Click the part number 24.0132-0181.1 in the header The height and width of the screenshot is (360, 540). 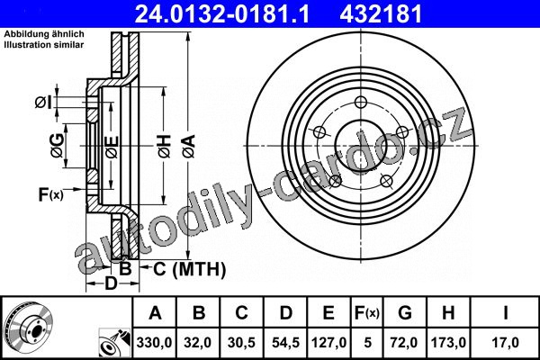point(222,13)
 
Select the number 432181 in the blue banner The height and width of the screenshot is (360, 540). point(381,13)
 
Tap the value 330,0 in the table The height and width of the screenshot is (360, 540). point(154,343)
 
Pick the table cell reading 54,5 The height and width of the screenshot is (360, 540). point(285,343)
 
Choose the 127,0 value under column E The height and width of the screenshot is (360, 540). point(328,343)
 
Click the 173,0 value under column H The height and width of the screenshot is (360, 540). point(448,343)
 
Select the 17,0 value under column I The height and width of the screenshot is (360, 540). point(505,343)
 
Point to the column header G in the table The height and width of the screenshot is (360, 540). point(405,313)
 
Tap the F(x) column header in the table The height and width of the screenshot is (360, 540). point(367,313)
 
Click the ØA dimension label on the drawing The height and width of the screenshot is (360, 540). point(189,147)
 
